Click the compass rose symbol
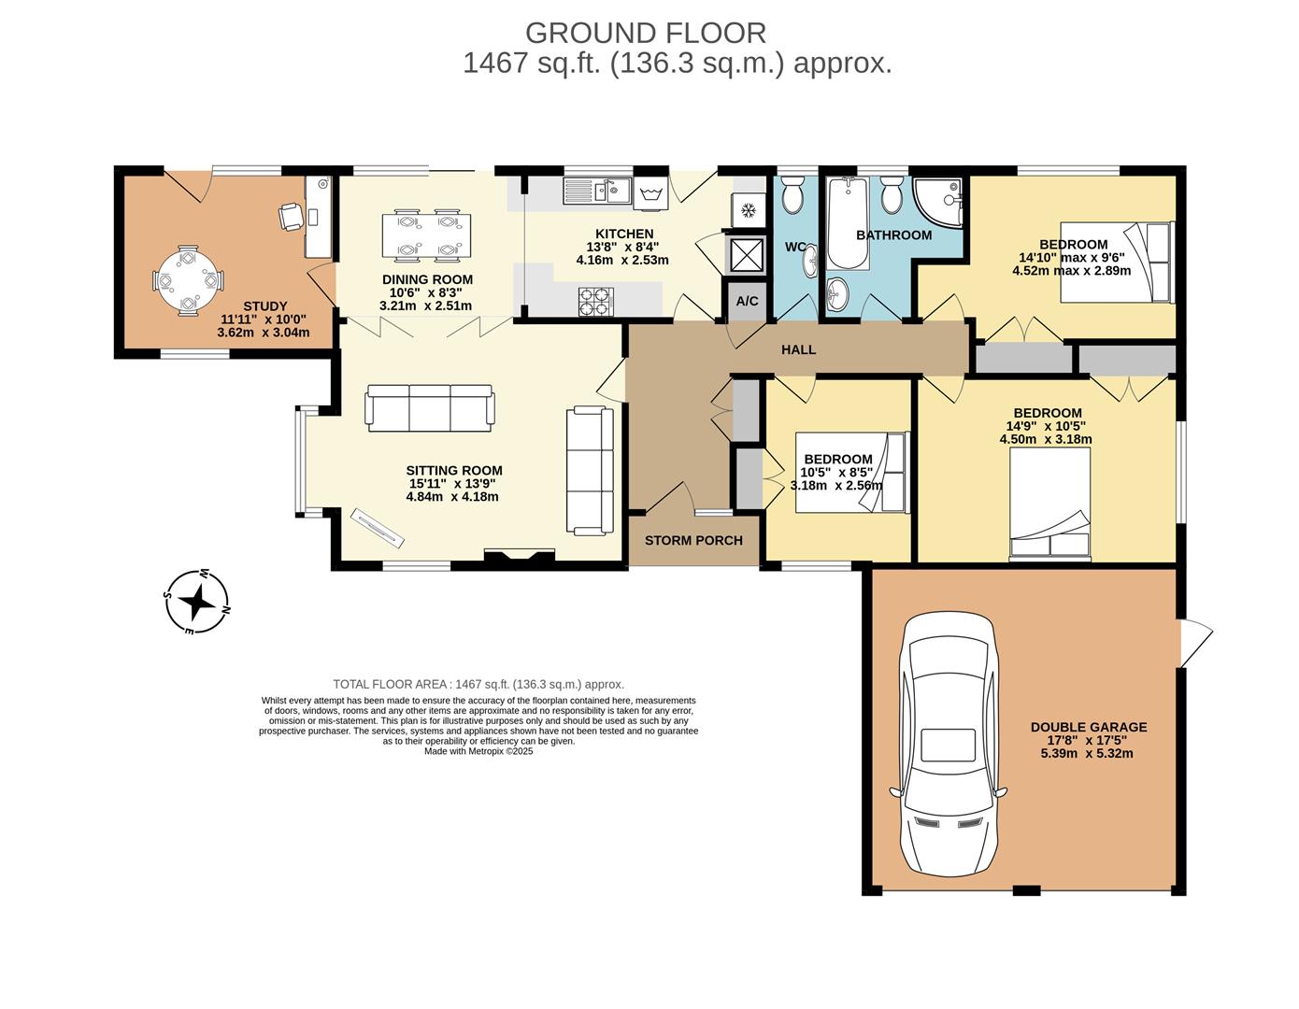coord(197,602)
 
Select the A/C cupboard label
coord(748,301)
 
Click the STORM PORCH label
coord(693,540)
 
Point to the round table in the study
coord(188,280)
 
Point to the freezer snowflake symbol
coord(748,210)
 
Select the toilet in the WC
coord(793,197)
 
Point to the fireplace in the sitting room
coord(520,558)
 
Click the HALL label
coord(798,349)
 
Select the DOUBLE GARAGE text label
coord(1088,727)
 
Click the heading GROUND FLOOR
coord(646,33)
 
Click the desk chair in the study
coord(291,216)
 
